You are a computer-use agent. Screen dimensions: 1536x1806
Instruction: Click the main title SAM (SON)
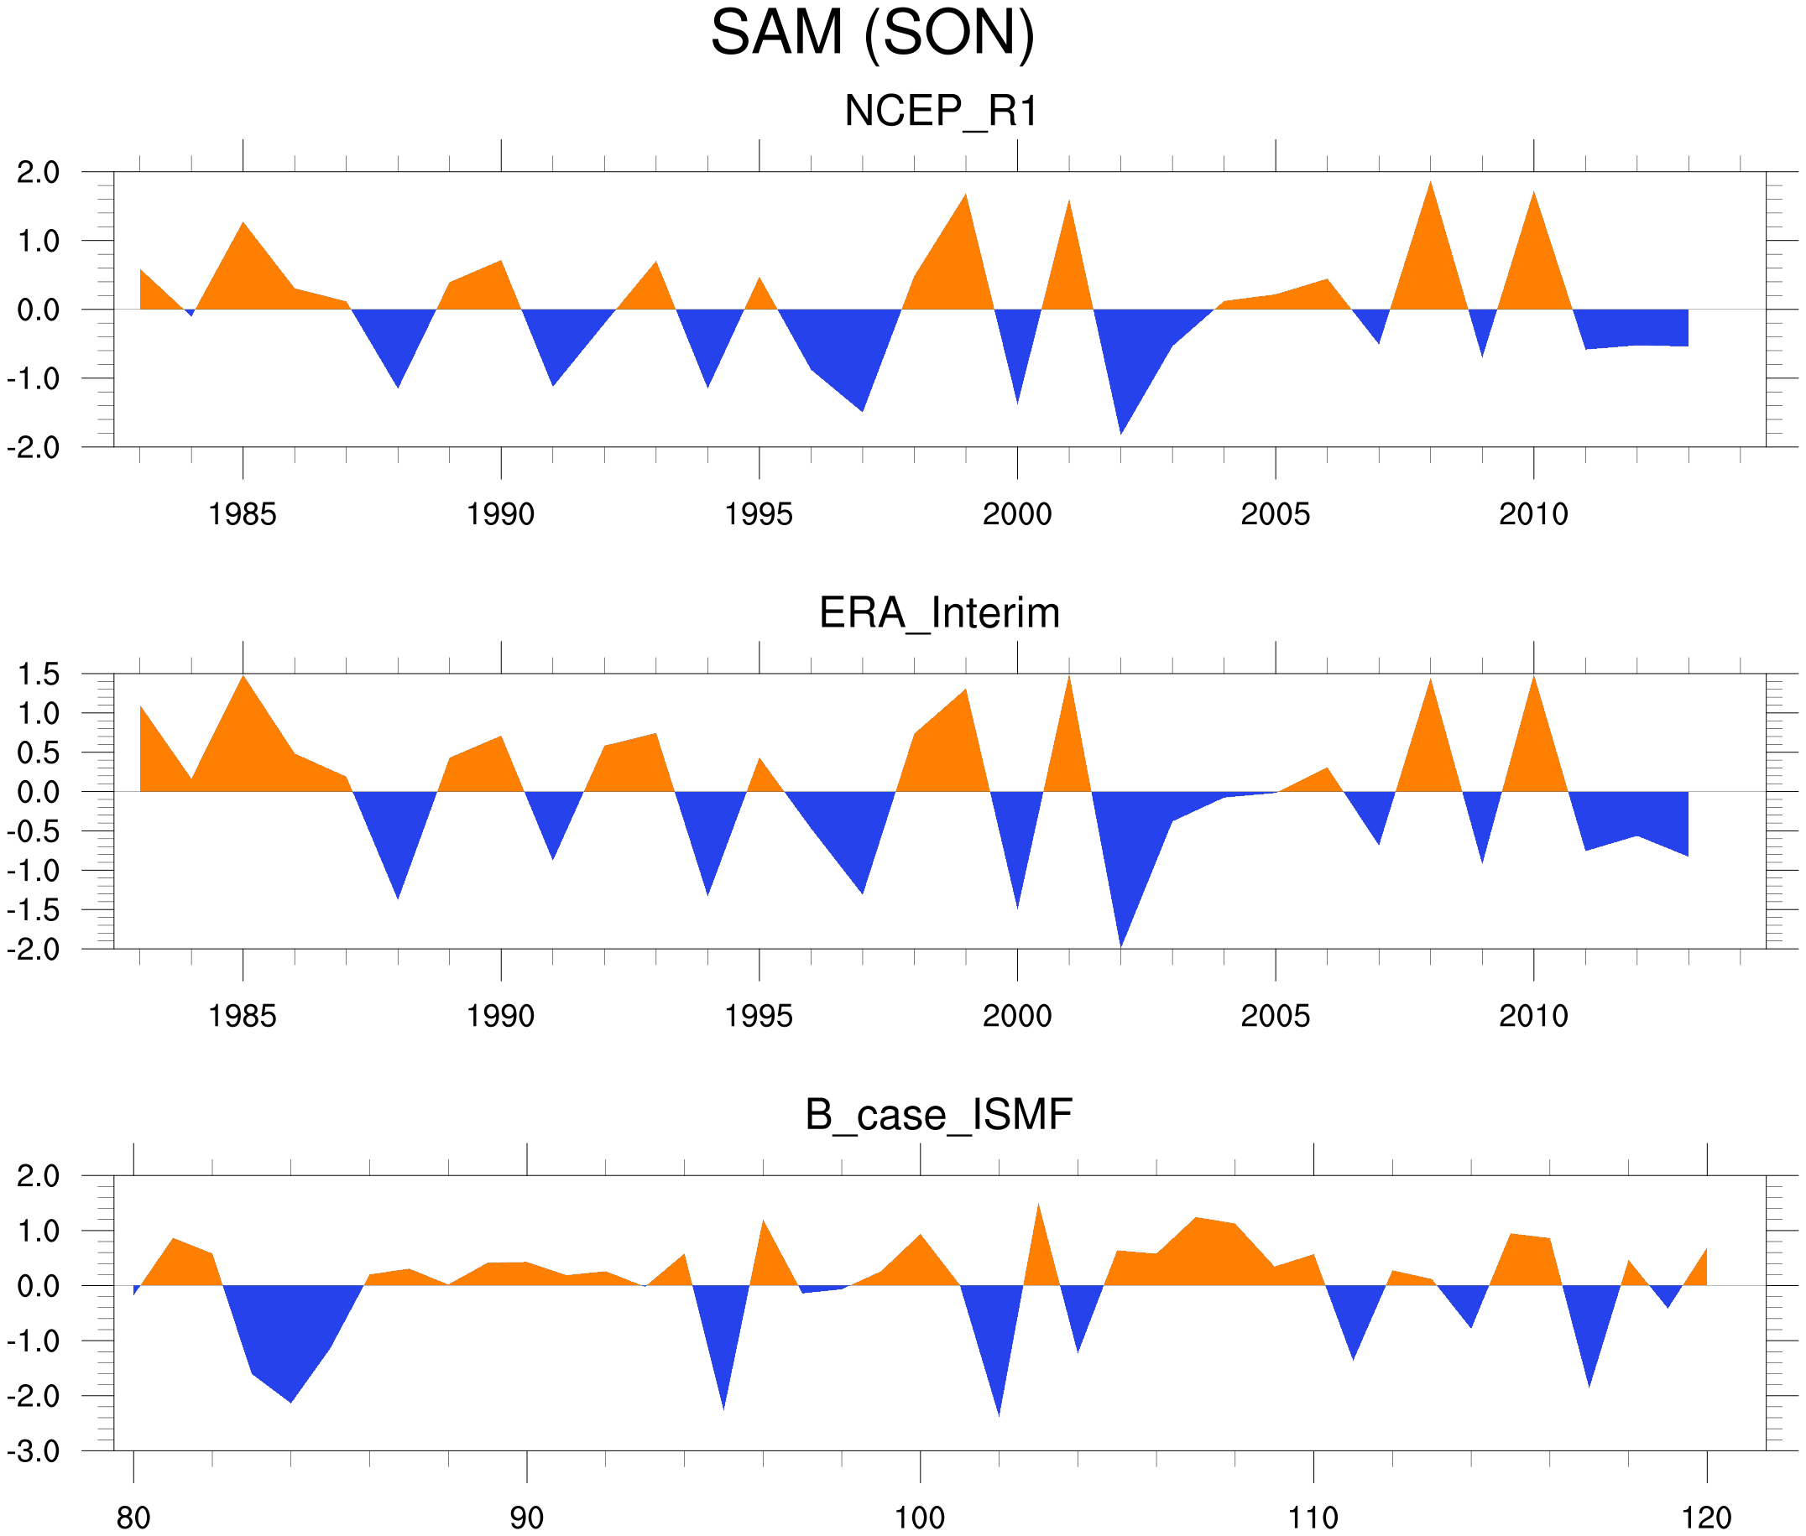[872, 33]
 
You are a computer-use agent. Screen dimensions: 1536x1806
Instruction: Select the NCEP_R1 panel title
[941, 112]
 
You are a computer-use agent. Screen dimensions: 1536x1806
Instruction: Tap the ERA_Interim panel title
[939, 613]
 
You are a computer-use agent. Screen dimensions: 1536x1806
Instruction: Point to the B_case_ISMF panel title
[938, 1115]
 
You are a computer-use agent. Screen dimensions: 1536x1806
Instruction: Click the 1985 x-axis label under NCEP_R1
[243, 513]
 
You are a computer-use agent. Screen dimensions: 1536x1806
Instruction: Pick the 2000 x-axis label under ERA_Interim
[1016, 1015]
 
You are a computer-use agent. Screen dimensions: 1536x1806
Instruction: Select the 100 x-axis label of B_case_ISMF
[920, 1518]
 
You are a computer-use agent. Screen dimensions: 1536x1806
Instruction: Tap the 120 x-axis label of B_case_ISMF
[1706, 1518]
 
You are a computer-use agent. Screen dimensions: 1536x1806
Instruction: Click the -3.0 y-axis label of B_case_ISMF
[33, 1451]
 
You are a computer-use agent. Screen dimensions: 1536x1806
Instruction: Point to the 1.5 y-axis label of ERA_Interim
[39, 674]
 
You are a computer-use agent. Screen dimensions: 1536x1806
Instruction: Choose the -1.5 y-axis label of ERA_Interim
[33, 910]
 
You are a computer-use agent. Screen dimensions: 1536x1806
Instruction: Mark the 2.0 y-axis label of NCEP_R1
[39, 173]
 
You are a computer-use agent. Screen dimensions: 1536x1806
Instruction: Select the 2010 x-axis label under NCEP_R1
[1533, 513]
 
